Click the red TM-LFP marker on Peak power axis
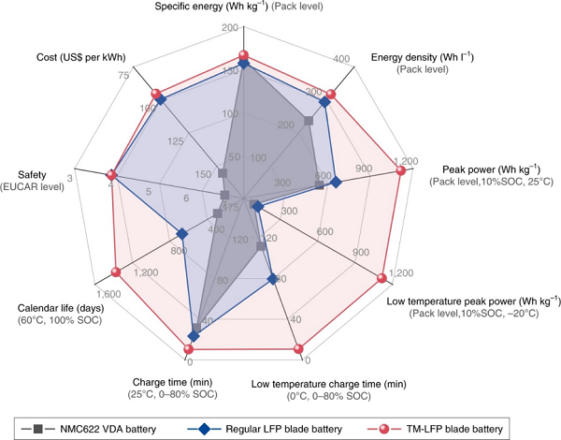[x=401, y=171]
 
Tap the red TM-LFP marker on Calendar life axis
[x=116, y=272]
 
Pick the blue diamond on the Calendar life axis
[x=182, y=233]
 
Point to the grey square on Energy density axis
[x=309, y=119]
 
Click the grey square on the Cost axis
[x=222, y=173]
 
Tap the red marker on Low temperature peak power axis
[x=381, y=277]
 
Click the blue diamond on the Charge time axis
[x=194, y=335]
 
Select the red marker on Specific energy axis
[x=243, y=55]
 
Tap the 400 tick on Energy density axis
[x=342, y=59]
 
